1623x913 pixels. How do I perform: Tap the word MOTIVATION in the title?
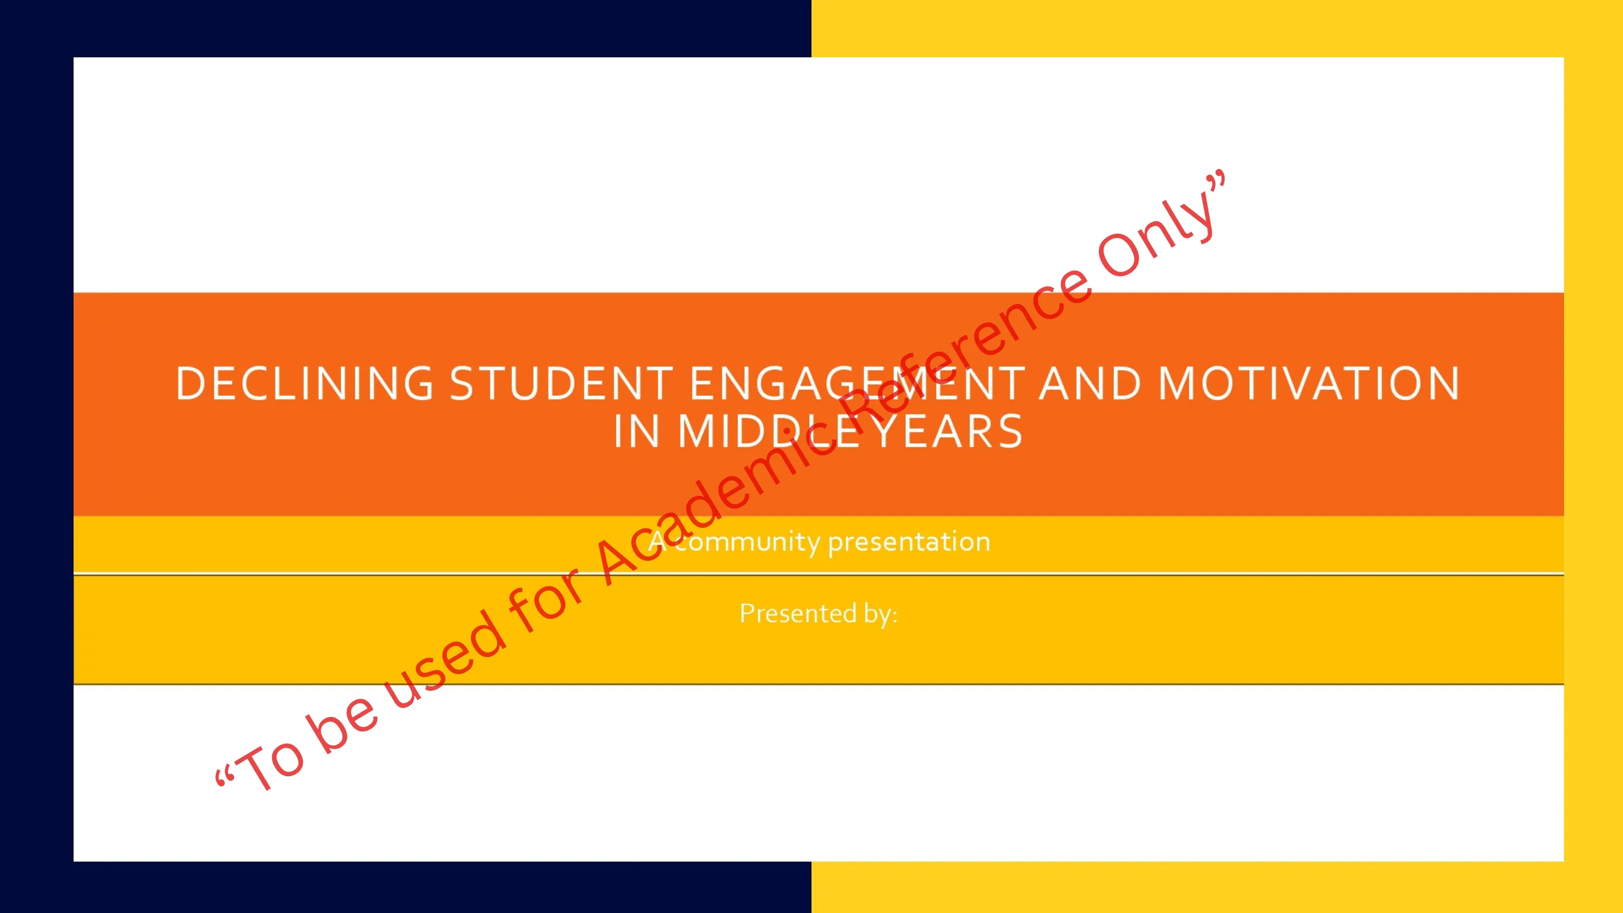coord(1309,383)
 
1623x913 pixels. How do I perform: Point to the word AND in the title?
coord(1090,383)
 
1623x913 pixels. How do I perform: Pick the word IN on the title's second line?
coord(637,432)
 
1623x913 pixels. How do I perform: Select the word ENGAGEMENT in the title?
coord(857,383)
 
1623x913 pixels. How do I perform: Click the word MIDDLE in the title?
coord(773,432)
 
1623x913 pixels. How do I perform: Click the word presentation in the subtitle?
coord(909,542)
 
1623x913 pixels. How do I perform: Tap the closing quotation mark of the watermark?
coord(1216,180)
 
